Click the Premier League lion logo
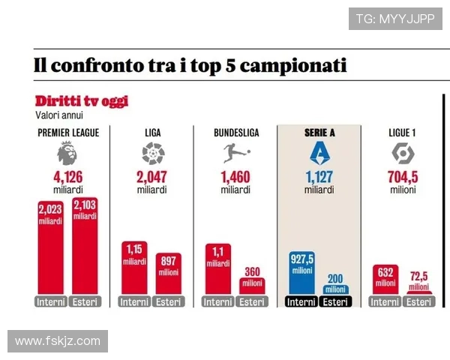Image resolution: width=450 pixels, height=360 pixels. coord(67,154)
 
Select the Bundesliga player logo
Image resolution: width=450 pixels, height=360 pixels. coord(235,154)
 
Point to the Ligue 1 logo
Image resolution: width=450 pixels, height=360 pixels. coord(403,154)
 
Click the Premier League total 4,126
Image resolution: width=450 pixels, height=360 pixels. coord(67,178)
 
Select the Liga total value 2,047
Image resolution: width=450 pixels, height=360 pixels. coord(152,178)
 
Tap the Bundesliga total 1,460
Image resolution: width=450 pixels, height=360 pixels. coord(235,178)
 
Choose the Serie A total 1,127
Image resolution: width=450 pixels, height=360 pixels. coord(319,178)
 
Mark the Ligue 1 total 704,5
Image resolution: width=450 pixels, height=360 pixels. coord(403,178)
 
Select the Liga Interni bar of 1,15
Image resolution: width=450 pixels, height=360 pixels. coord(134,268)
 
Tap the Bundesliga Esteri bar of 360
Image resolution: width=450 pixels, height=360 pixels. coord(252,286)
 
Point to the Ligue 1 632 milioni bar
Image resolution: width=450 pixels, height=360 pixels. coord(385,280)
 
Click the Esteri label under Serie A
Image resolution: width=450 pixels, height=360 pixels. coord(336,302)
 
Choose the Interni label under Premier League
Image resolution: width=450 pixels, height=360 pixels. coord(49,302)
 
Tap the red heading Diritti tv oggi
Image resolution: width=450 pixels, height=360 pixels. coord(81,101)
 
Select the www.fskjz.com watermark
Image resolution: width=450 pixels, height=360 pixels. coord(58,341)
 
